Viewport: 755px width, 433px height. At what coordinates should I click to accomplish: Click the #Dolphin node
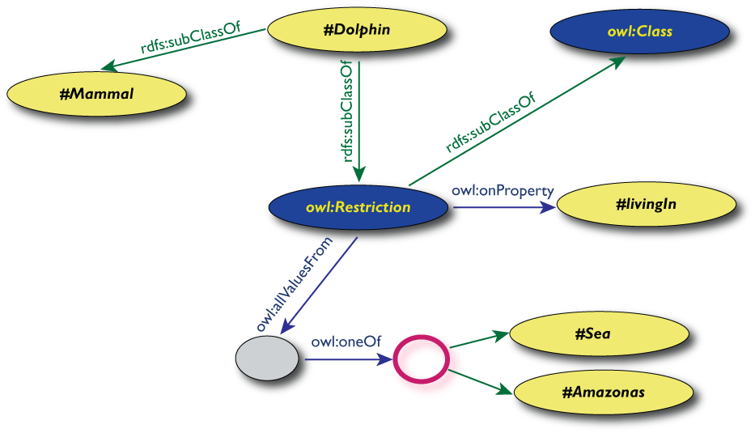[357, 31]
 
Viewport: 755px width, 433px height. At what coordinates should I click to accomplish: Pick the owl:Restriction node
[358, 207]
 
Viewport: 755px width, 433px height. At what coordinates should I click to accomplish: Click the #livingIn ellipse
[645, 203]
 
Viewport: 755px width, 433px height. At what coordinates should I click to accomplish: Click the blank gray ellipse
[266, 357]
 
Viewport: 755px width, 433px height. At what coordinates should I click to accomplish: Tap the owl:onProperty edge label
[503, 191]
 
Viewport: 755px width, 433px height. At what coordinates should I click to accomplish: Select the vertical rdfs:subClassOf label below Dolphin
[346, 113]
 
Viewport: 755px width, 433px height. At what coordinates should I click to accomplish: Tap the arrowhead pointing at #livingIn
[549, 207]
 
